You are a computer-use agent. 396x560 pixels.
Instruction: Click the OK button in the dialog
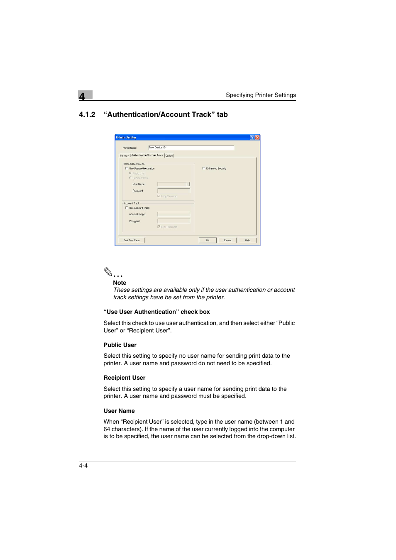pyautogui.click(x=208, y=240)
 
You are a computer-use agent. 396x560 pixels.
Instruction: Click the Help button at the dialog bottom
pyautogui.click(x=247, y=240)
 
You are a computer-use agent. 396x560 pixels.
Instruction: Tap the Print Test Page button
pyautogui.click(x=132, y=240)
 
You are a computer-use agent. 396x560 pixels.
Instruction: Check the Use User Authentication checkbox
pyautogui.click(x=127, y=169)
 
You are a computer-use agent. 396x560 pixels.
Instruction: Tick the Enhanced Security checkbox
pyautogui.click(x=203, y=168)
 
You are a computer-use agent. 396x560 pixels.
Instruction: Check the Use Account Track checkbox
pyautogui.click(x=127, y=208)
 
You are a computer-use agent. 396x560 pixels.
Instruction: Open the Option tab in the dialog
pyautogui.click(x=169, y=156)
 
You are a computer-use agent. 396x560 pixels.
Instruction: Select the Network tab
pyautogui.click(x=125, y=156)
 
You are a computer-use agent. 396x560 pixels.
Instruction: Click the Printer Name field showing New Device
pyautogui.click(x=191, y=148)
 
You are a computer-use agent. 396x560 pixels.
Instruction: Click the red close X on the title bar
pyautogui.click(x=257, y=137)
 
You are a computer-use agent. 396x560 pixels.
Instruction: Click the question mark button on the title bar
pyautogui.click(x=252, y=137)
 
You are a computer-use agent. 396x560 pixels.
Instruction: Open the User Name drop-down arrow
pyautogui.click(x=188, y=184)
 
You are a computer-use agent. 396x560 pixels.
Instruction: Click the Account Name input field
pyautogui.click(x=174, y=214)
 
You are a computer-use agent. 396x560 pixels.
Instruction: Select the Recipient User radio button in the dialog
pyautogui.click(x=130, y=178)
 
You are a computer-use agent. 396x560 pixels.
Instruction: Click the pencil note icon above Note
pyautogui.click(x=108, y=272)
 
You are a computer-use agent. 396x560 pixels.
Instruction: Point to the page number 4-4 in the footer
pyautogui.click(x=83, y=466)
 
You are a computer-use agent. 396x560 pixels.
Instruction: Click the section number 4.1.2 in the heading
pyautogui.click(x=87, y=115)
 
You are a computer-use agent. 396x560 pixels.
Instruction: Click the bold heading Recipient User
pyautogui.click(x=125, y=378)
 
